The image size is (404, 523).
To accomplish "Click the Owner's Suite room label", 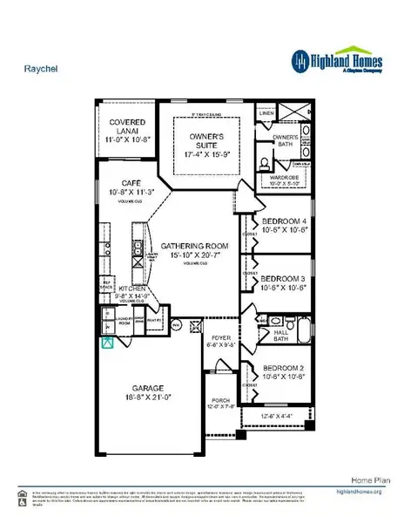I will click(205, 141).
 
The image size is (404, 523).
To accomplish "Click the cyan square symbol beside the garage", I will click(108, 343).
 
